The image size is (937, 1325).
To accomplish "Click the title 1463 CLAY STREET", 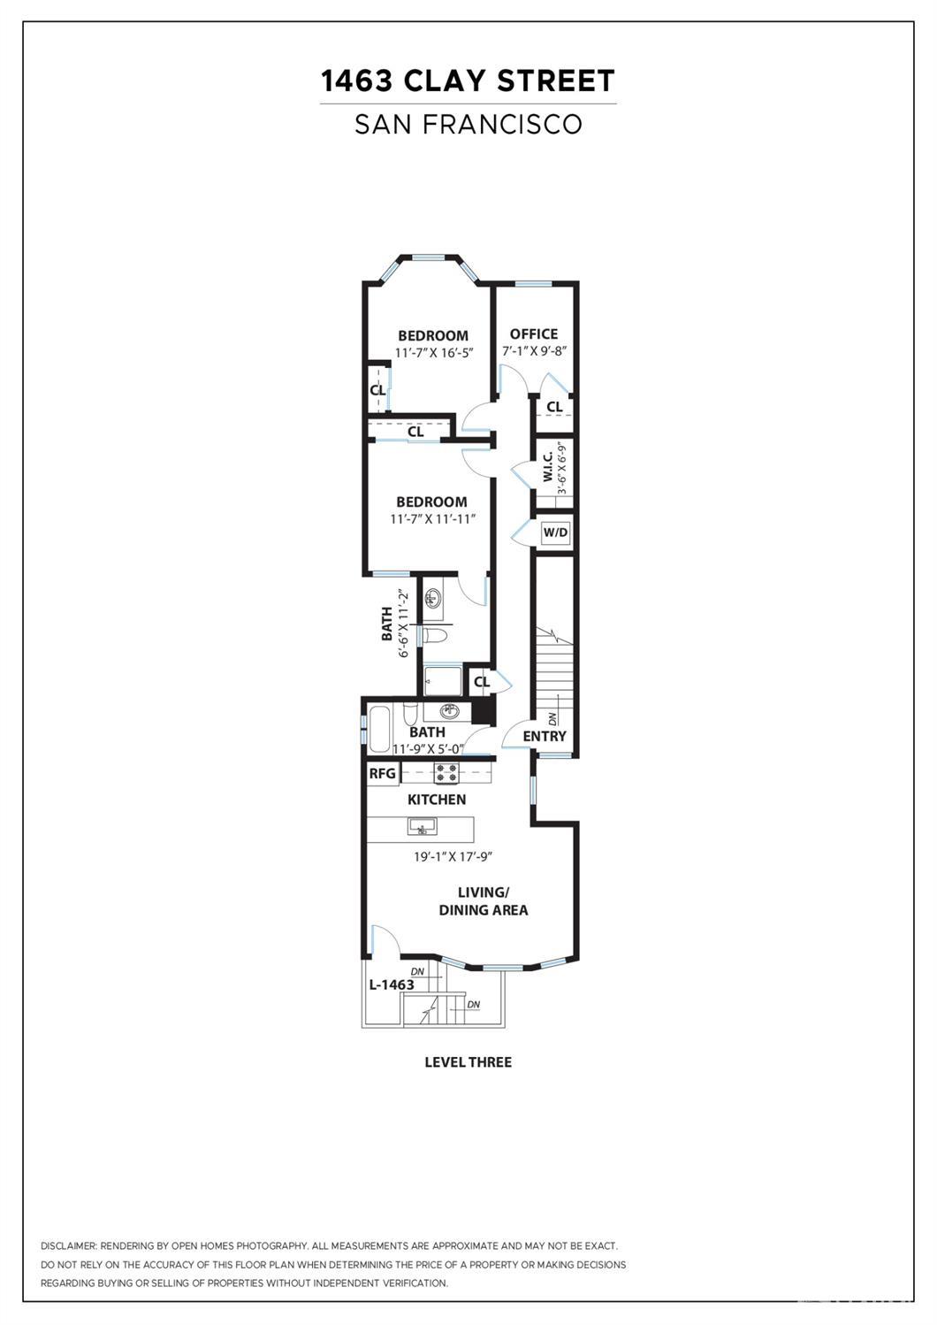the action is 468,80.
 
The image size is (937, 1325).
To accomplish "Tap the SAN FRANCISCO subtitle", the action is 468,124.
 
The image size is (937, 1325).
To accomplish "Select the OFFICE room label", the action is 534,334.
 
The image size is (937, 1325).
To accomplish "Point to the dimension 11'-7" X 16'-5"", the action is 435,353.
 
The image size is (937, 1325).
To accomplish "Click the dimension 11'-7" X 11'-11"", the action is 433,518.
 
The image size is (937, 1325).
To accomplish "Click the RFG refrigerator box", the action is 383,774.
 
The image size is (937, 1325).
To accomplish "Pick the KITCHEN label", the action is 437,800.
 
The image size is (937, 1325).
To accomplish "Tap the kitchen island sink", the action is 422,826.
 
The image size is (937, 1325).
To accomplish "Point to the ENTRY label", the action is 545,737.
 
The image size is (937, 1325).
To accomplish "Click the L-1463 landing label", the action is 392,984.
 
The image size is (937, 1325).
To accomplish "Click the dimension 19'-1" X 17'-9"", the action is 453,856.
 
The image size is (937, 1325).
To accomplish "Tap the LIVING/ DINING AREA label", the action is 484,901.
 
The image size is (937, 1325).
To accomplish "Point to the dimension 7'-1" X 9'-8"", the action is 535,351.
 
